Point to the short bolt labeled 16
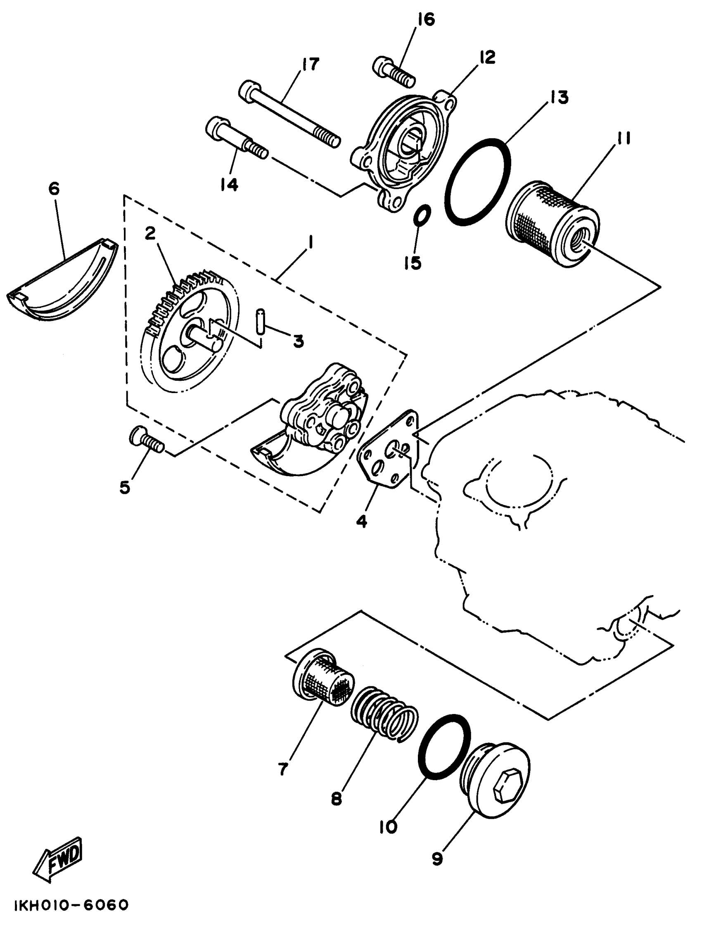click(x=394, y=71)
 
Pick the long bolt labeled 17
click(x=289, y=113)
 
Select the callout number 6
click(x=54, y=189)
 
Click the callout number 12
click(x=487, y=57)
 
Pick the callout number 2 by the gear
click(x=150, y=233)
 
